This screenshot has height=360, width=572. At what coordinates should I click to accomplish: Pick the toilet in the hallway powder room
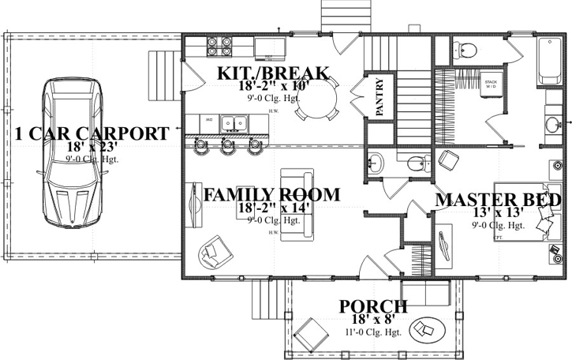point(416,163)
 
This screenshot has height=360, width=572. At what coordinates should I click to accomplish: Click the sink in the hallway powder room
point(375,163)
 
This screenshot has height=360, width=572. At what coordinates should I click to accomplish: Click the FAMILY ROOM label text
point(271,194)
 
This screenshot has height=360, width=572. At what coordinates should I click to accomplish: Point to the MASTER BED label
point(498,200)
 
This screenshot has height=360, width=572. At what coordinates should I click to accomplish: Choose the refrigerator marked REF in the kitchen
point(271,47)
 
